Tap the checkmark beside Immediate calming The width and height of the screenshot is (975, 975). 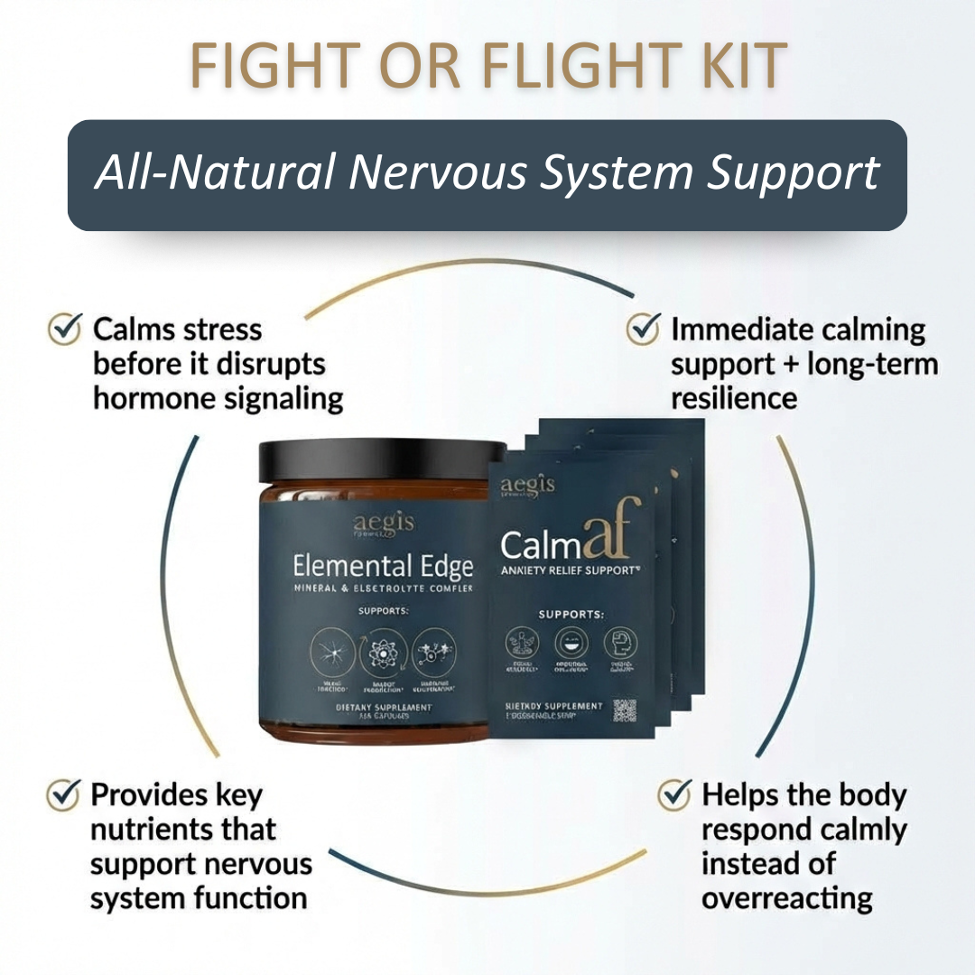click(x=643, y=330)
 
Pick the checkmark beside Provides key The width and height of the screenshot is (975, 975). click(x=62, y=794)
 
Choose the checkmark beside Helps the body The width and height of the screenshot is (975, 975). click(x=674, y=794)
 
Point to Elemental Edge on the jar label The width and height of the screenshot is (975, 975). click(x=383, y=567)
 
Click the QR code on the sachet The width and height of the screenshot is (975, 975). click(x=625, y=710)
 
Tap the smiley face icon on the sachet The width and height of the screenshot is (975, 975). click(x=571, y=642)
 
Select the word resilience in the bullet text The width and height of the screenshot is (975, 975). click(x=734, y=399)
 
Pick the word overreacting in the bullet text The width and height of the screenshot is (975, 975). click(x=786, y=898)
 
